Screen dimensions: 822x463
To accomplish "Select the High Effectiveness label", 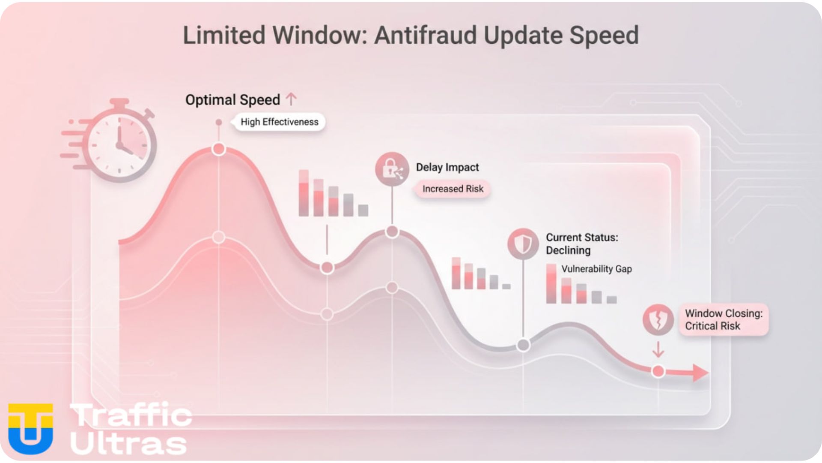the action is pos(279,122).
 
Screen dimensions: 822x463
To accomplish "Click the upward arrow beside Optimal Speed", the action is pos(291,99).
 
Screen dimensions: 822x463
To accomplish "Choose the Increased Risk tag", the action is pos(453,189).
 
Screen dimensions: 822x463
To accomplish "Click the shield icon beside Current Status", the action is pos(523,244).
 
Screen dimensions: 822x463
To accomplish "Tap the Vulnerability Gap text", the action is pos(596,269).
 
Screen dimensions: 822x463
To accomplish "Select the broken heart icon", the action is pos(658,320).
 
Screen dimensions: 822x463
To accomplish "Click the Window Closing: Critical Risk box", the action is pos(724,320).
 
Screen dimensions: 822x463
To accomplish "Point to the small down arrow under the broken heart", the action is pos(658,349).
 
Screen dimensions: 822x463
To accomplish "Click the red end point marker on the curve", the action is pos(658,371).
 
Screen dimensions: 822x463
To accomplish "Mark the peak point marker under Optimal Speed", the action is pos(219,149).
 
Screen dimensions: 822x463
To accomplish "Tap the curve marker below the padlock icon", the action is pos(392,232).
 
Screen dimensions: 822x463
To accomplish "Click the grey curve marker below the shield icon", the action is pos(523,345).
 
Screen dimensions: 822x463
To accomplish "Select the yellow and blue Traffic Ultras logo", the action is pos(31,429).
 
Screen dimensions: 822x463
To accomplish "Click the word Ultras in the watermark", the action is pos(128,443).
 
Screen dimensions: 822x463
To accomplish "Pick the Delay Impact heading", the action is pos(447,167).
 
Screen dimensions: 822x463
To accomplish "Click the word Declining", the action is pos(568,250).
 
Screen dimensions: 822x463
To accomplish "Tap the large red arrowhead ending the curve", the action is pos(700,373).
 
